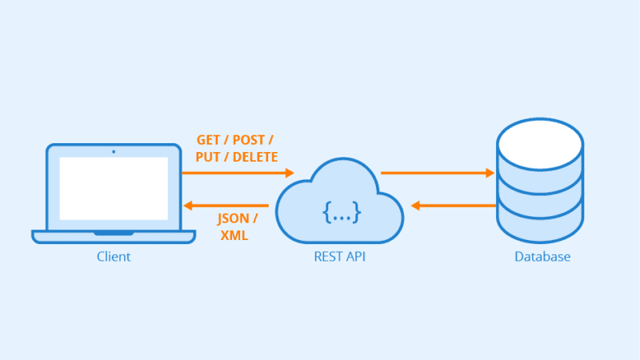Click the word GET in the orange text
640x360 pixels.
point(209,140)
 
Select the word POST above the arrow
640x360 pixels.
point(249,140)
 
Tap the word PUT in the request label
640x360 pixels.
point(208,157)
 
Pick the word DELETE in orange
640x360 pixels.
point(255,157)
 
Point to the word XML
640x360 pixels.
point(234,235)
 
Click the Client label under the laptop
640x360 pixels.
point(114,256)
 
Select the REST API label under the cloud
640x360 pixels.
point(339,256)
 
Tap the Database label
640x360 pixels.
point(542,256)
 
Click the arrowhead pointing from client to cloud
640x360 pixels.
point(290,173)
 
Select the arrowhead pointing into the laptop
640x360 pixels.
point(188,206)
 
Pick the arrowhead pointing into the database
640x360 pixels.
point(490,173)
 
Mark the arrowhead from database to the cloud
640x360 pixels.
point(415,206)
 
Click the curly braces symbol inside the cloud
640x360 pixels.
point(342,212)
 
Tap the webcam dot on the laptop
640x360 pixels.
point(114,152)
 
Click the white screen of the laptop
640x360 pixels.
point(114,189)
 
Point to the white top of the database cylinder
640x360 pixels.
point(540,144)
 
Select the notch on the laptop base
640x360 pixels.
point(114,234)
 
